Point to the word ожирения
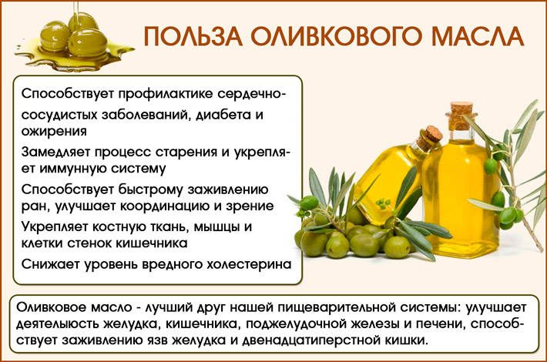click(x=52, y=131)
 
